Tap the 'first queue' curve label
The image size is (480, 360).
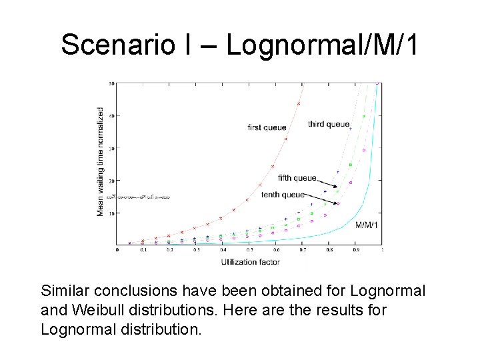click(x=267, y=127)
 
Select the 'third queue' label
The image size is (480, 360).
click(x=329, y=124)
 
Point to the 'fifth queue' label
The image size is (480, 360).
click(x=297, y=178)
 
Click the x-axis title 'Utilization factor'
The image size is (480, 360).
click(x=251, y=262)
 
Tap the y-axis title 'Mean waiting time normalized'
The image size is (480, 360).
click(x=101, y=161)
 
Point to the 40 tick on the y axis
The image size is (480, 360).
click(x=112, y=116)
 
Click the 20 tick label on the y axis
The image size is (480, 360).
click(x=112, y=181)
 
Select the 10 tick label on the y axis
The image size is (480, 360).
click(x=112, y=213)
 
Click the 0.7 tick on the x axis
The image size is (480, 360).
click(x=303, y=251)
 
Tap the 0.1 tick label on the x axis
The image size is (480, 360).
click(x=143, y=251)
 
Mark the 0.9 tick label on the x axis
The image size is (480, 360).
click(x=356, y=251)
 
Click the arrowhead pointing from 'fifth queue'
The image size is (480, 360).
click(x=338, y=187)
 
